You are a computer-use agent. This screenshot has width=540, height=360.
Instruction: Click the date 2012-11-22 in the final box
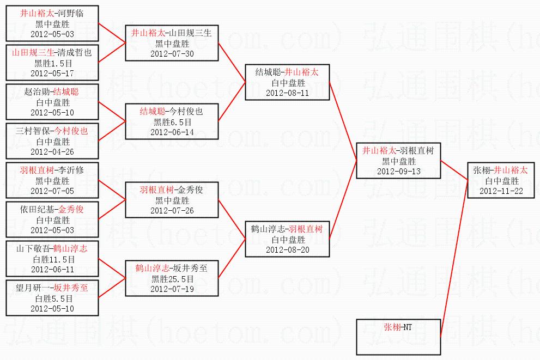(501, 191)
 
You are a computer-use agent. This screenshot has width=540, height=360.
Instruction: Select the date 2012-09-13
(399, 172)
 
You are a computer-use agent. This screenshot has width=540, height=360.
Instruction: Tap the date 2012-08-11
(288, 93)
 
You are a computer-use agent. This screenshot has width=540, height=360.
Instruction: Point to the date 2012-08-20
(288, 250)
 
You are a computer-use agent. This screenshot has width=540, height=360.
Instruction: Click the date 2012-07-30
(172, 54)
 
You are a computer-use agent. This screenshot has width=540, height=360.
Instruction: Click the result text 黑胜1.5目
(53, 63)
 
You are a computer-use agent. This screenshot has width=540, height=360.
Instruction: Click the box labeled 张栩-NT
(398, 337)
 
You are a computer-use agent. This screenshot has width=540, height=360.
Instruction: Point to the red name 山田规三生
(33, 53)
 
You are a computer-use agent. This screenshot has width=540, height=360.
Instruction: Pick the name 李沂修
(71, 170)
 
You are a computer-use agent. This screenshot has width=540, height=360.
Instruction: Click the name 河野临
(71, 14)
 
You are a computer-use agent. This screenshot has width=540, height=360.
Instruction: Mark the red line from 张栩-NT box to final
(454, 258)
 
